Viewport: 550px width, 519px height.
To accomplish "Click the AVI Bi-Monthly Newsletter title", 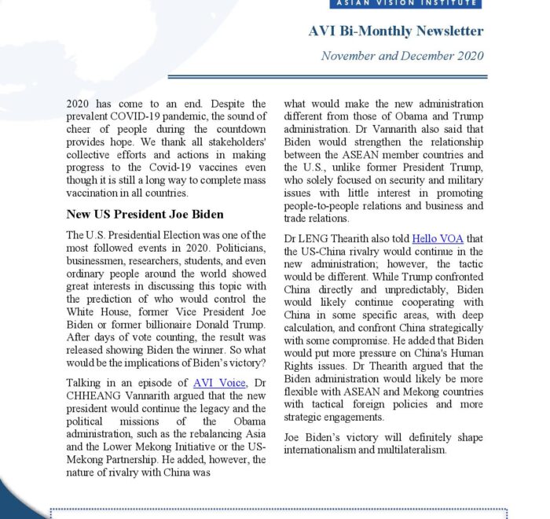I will [x=395, y=31].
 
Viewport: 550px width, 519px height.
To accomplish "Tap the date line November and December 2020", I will [x=402, y=56].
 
